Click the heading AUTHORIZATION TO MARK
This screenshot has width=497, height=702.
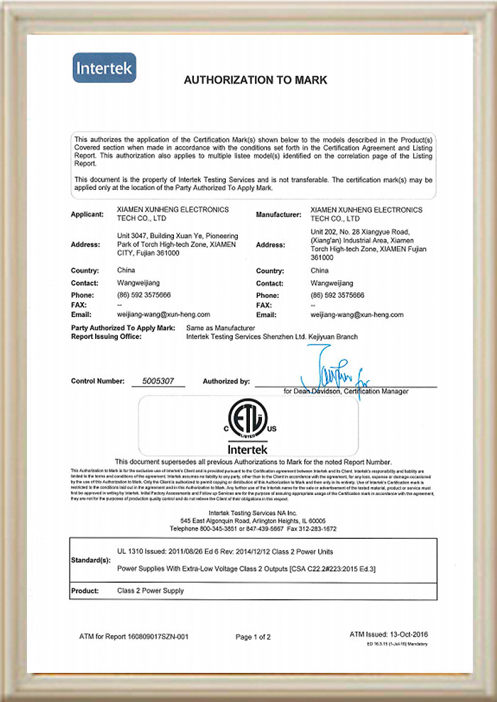pos(256,80)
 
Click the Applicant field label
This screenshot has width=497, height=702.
pos(88,214)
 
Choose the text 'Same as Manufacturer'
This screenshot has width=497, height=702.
pos(220,328)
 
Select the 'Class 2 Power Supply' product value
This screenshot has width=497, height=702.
pos(150,591)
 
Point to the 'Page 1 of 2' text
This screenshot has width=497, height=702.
pos(253,637)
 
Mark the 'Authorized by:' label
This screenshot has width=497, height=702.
pos(226,381)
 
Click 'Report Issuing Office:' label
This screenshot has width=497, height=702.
pos(106,337)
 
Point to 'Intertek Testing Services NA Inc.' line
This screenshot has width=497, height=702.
pos(253,512)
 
